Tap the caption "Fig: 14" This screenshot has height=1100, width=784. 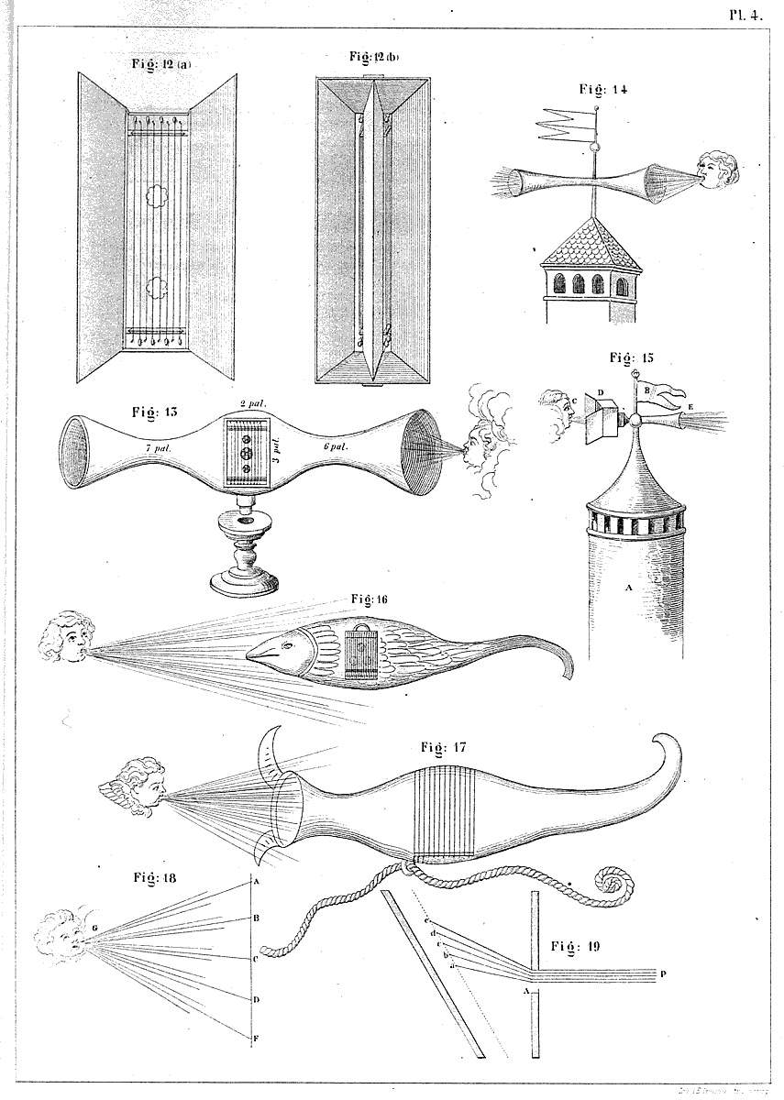[603, 90]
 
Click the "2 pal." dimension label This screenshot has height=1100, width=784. [251, 404]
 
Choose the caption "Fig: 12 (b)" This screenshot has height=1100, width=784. [373, 57]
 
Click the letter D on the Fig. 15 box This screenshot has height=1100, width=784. [601, 393]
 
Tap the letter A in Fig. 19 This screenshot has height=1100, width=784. [525, 991]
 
